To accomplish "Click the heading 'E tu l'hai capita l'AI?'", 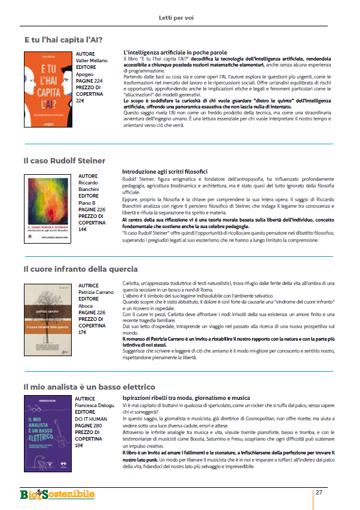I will pyautogui.click(x=63, y=40).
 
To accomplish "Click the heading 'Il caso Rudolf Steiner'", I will pyautogui.click(x=65, y=160).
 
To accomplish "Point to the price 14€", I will pyautogui.click(x=83, y=229).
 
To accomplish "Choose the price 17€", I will pyautogui.click(x=83, y=332).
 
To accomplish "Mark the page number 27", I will pyautogui.click(x=319, y=492).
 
